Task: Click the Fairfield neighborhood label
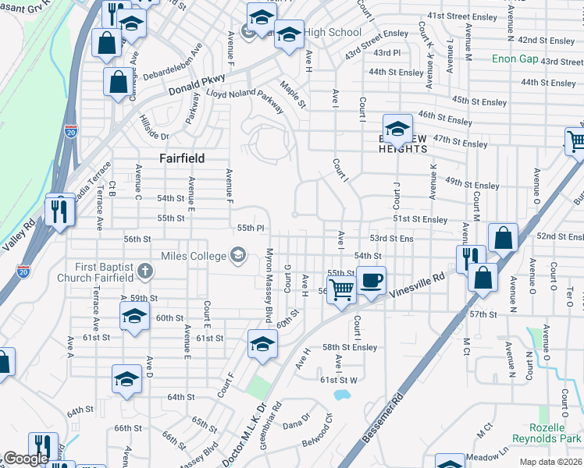tap(182, 158)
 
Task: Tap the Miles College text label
tap(191, 256)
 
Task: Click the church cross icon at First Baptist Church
tap(143, 271)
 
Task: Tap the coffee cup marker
tap(372, 279)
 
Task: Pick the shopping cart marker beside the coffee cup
tap(341, 289)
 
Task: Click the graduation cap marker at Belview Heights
tap(397, 129)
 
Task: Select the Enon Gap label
tap(515, 58)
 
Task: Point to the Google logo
tap(26, 459)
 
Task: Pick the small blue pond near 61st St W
tap(341, 395)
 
